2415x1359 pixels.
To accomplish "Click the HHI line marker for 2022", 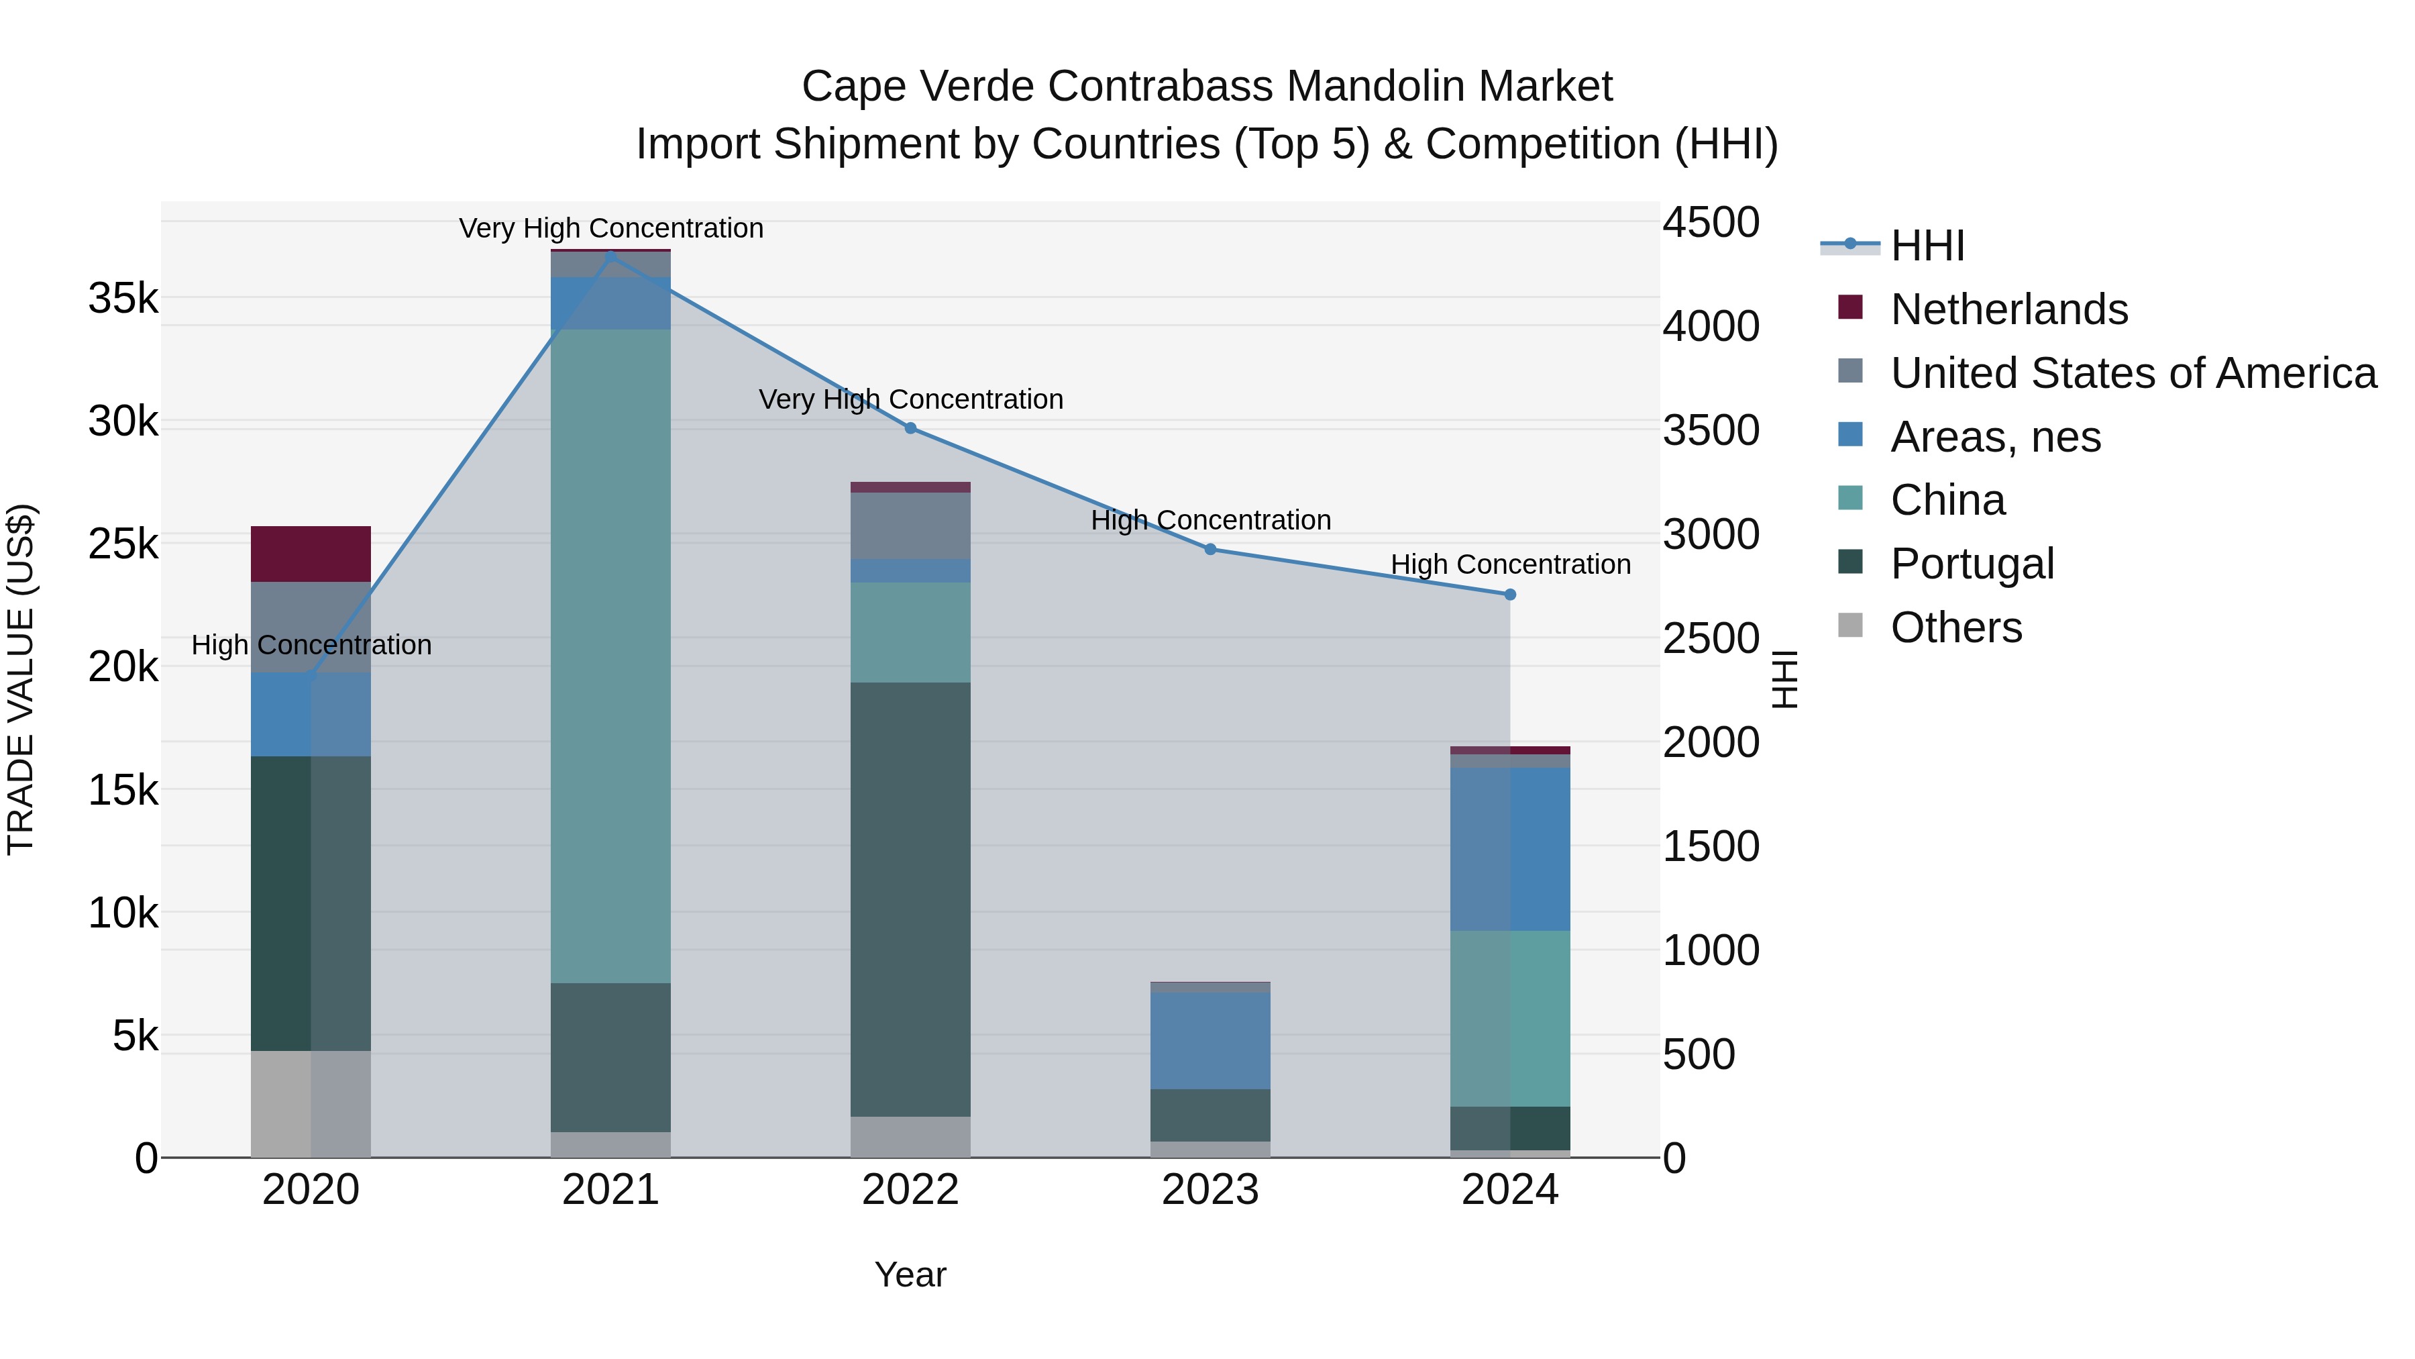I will [910, 429].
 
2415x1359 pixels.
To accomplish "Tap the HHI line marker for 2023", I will [1210, 550].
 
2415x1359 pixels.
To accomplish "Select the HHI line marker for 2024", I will [1509, 595].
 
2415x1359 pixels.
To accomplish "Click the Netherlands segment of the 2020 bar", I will [311, 554].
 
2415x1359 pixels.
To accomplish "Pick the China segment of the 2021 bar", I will [610, 656].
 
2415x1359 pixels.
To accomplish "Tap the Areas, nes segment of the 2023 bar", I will [1210, 1040].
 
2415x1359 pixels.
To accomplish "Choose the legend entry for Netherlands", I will [2008, 309].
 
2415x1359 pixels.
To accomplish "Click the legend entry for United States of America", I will [2133, 373].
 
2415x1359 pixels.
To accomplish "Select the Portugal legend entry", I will [1972, 564].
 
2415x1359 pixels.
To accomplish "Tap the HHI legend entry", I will [1927, 246].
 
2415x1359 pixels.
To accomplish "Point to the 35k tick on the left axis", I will [123, 299].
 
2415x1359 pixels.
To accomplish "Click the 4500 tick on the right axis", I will [1711, 223].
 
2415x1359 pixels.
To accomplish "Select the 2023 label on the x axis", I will [1210, 1190].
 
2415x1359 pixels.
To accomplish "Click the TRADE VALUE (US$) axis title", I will [21, 679].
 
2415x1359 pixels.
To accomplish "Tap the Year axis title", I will [910, 1274].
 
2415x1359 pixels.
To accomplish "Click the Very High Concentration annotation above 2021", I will [610, 228].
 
